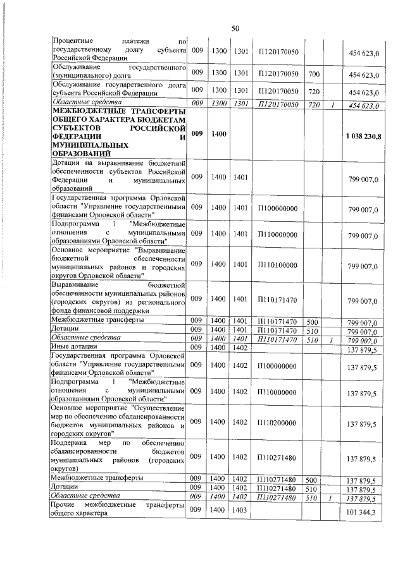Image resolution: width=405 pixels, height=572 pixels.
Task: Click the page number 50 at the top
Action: [x=235, y=28]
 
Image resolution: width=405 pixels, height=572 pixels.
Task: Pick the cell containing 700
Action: [x=313, y=75]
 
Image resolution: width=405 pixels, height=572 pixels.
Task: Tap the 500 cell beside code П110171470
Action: [x=313, y=321]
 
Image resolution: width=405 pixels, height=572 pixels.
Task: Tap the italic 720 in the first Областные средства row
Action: [x=313, y=104]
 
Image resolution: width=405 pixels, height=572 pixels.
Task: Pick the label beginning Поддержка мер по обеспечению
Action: [x=119, y=461]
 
